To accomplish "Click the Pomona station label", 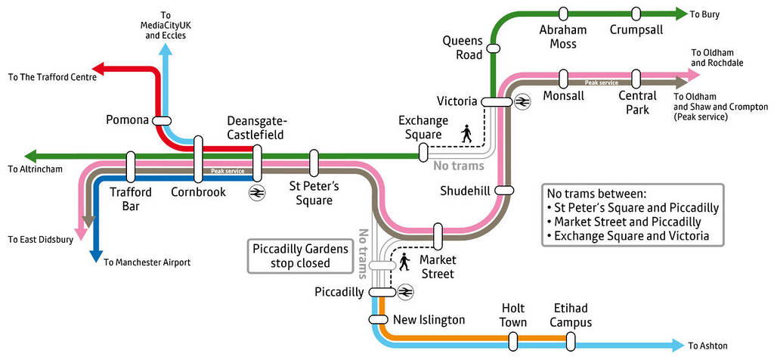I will tap(127, 119).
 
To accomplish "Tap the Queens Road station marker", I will tap(494, 48).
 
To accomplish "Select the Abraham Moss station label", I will tap(562, 37).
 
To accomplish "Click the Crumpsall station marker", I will tap(636, 14).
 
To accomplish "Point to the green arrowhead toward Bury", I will tap(678, 14).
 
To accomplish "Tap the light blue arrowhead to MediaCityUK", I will tap(166, 48).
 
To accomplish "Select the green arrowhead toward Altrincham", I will tap(30, 157).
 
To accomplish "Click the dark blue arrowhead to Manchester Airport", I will tap(95, 255).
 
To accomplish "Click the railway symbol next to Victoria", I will tap(522, 101).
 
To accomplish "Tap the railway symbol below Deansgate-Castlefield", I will tap(257, 192).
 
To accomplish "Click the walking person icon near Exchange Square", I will tap(466, 134).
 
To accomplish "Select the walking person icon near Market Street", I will tap(405, 262).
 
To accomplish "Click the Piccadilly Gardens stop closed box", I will tap(300, 256).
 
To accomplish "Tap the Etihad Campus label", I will tap(570, 315).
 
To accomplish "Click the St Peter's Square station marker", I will tap(314, 163).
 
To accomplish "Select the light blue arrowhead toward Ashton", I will tap(676, 346).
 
